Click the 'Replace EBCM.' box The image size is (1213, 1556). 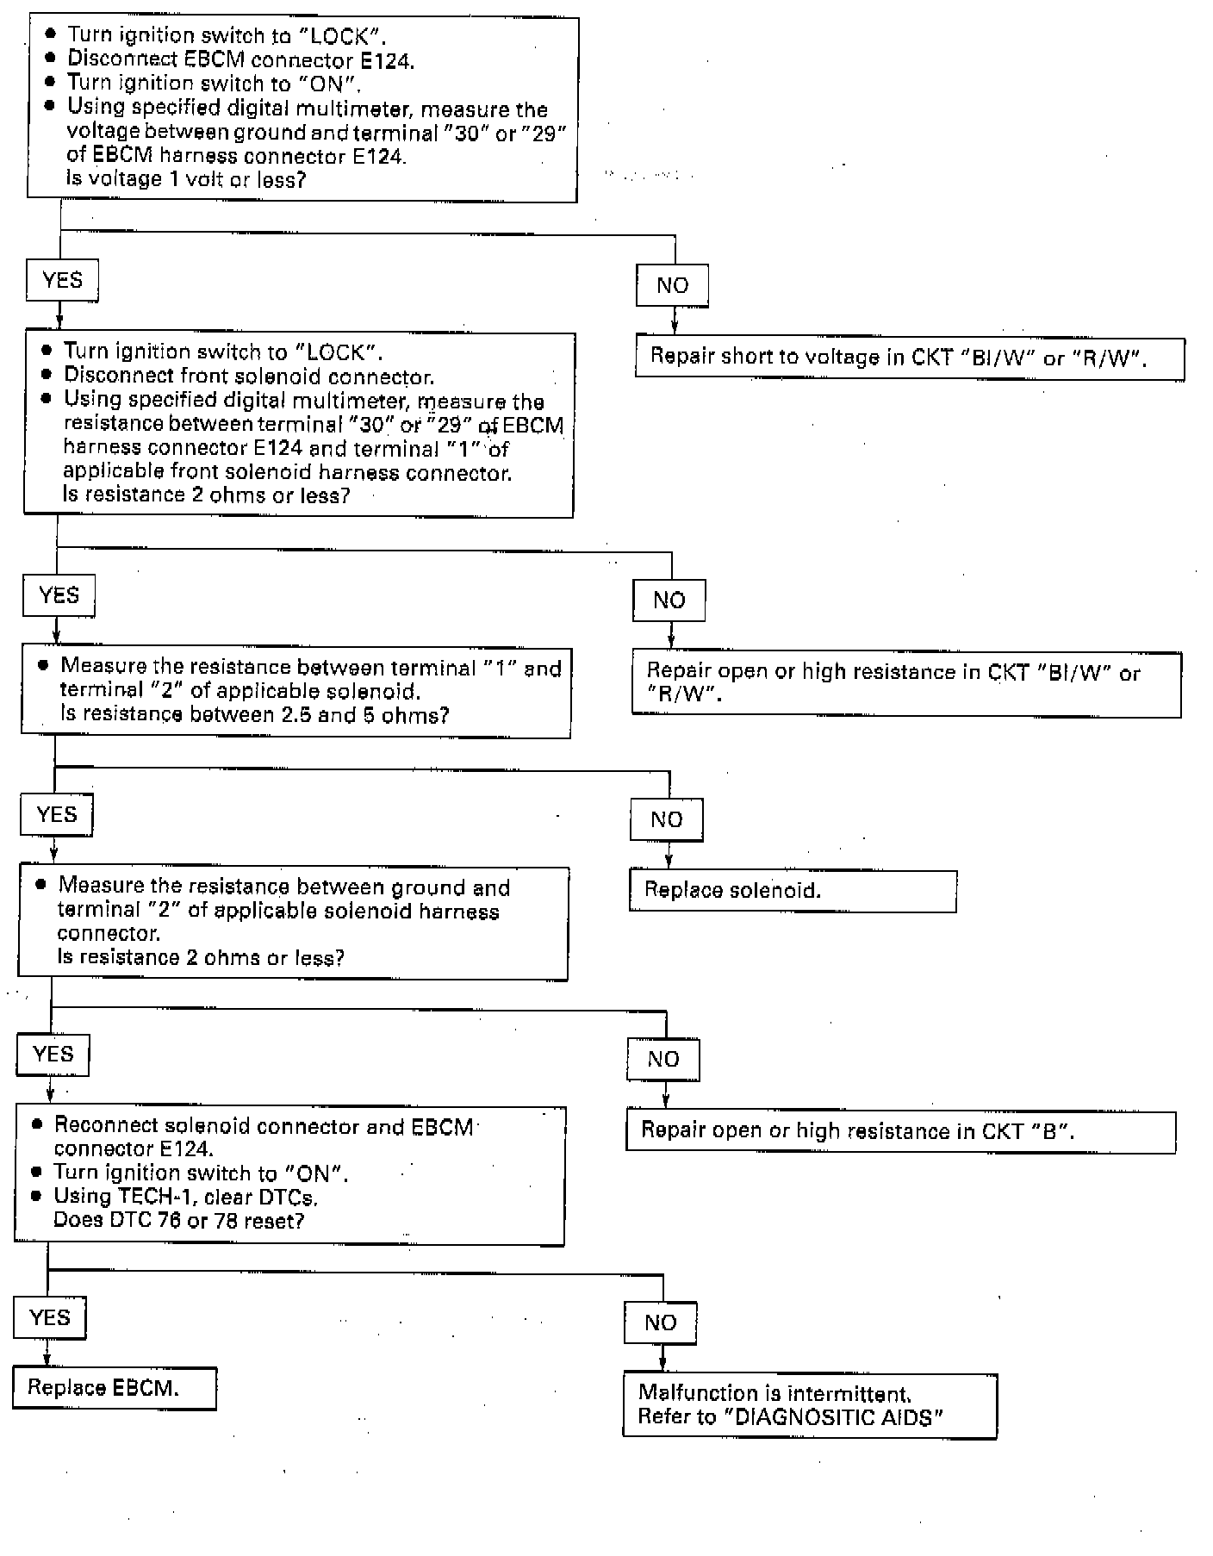click(x=114, y=1387)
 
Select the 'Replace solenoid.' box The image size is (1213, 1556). click(x=793, y=891)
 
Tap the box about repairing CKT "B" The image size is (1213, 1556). click(x=900, y=1131)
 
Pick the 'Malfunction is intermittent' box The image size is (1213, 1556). click(x=809, y=1405)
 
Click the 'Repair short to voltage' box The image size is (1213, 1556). click(x=910, y=358)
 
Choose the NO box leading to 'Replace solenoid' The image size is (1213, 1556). click(x=666, y=819)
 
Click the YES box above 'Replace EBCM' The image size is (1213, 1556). click(x=50, y=1317)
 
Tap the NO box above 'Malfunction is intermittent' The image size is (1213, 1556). click(x=660, y=1323)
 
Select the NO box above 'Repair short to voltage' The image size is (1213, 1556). click(x=672, y=285)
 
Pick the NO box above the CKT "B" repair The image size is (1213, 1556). click(x=662, y=1059)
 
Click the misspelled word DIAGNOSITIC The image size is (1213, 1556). click(x=814, y=1417)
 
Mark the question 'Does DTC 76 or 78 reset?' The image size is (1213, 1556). click(x=178, y=1221)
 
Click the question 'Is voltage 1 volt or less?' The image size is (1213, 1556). click(x=185, y=179)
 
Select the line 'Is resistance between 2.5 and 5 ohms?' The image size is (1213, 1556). click(x=254, y=715)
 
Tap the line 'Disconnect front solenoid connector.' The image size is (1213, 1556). click(x=248, y=377)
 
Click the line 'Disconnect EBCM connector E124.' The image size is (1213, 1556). click(x=240, y=59)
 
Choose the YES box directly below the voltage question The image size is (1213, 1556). click(x=62, y=280)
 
